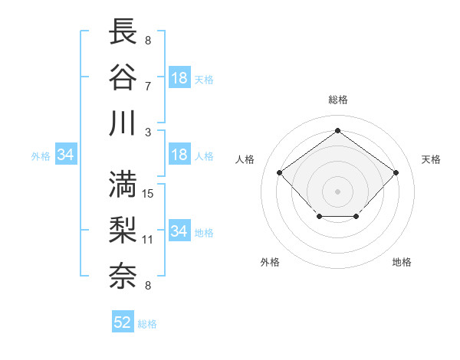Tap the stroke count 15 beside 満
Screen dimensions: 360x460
pos(149,193)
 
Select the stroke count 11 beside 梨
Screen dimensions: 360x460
pos(148,240)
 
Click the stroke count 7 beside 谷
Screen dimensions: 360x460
pos(147,85)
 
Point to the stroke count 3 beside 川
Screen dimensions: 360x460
pos(147,132)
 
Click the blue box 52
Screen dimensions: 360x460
pos(123,322)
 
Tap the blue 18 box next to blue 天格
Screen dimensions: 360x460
pos(179,78)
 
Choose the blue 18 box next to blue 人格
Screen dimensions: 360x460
pos(179,155)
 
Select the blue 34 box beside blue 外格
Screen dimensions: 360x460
pos(65,155)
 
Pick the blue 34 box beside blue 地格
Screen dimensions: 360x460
pos(179,231)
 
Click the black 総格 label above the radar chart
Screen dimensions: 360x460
pos(338,100)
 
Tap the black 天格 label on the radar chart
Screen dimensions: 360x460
pos(431,159)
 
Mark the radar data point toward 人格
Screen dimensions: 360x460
pos(279,172)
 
